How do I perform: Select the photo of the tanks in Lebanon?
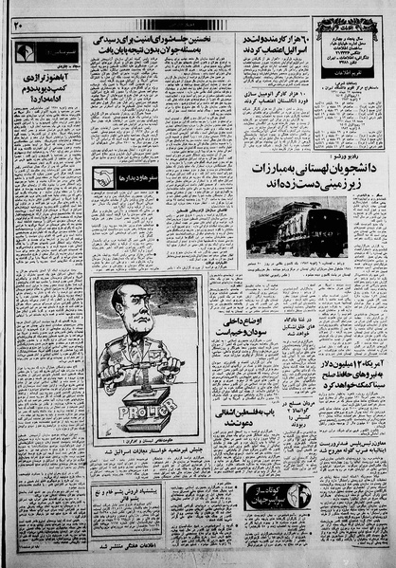click(295, 226)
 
